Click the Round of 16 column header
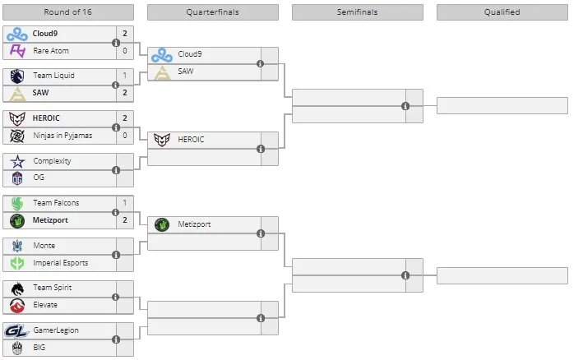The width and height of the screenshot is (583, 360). coord(68,12)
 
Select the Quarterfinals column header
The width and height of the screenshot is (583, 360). coord(213,12)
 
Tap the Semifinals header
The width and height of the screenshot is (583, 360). coord(358,12)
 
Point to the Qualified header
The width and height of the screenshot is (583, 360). coord(502,12)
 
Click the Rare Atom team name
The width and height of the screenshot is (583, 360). coord(51,51)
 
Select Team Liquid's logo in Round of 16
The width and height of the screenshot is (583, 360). coord(17,76)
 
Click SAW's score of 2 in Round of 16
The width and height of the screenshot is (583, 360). coord(125,93)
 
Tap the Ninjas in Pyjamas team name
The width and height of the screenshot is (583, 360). coord(62,136)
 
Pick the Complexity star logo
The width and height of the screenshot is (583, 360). coord(17,161)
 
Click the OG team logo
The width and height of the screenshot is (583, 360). coord(17,178)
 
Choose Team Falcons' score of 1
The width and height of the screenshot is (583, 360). coord(125,203)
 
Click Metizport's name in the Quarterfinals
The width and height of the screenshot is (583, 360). coord(194,224)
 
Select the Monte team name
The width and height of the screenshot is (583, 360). coord(44,246)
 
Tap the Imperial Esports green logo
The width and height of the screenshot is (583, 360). coord(17,263)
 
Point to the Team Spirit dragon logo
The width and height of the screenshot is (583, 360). coord(17,288)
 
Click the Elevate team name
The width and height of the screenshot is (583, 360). coord(45,305)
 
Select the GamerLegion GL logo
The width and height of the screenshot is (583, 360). coord(17,330)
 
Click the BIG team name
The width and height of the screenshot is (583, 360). coord(39,348)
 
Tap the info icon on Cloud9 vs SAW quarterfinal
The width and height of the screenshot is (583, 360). coord(261,64)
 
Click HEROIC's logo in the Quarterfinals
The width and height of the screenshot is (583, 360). coord(162,140)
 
